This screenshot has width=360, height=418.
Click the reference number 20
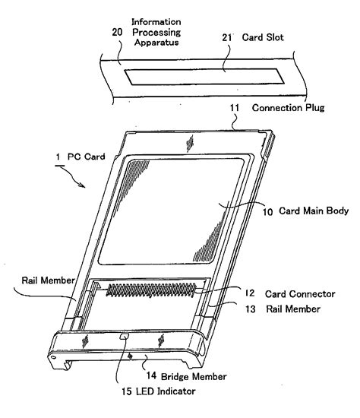(117, 32)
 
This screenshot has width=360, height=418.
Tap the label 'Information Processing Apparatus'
(156, 32)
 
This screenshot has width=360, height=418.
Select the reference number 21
(227, 37)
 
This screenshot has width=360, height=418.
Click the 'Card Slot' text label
(263, 37)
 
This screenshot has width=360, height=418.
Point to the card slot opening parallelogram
(204, 77)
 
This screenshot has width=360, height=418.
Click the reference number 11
(235, 108)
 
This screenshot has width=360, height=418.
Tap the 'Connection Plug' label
(289, 108)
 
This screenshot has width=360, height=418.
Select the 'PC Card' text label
(87, 157)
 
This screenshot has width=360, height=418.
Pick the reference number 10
(268, 212)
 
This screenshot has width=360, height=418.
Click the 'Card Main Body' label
(314, 211)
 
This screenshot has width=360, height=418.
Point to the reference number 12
(250, 293)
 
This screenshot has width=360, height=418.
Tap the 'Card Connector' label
(300, 294)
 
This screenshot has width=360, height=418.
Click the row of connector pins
(151, 290)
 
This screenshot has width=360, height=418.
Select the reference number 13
(251, 309)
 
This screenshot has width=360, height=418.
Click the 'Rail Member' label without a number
(49, 280)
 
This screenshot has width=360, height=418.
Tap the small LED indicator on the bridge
(124, 336)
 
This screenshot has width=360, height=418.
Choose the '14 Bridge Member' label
(186, 376)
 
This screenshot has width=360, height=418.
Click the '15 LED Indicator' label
(159, 391)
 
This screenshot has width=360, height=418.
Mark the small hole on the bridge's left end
(53, 357)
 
